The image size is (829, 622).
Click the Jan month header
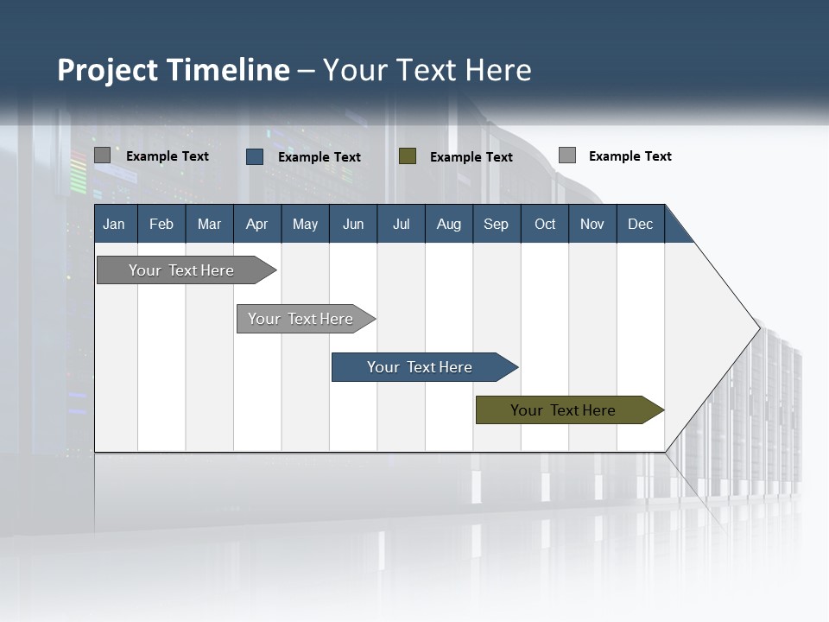[114, 224]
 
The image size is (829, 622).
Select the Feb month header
[161, 224]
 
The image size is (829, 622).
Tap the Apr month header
[256, 224]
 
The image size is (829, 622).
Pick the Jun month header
[353, 224]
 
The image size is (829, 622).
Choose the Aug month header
[448, 224]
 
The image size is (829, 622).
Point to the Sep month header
[496, 224]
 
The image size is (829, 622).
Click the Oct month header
[545, 224]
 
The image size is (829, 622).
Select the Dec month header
[640, 224]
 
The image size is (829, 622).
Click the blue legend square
[255, 156]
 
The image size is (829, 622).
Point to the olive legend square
[408, 156]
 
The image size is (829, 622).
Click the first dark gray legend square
[102, 155]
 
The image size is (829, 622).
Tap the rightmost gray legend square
[567, 155]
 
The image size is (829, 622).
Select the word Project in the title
[107, 70]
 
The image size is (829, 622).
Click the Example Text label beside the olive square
[471, 157]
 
